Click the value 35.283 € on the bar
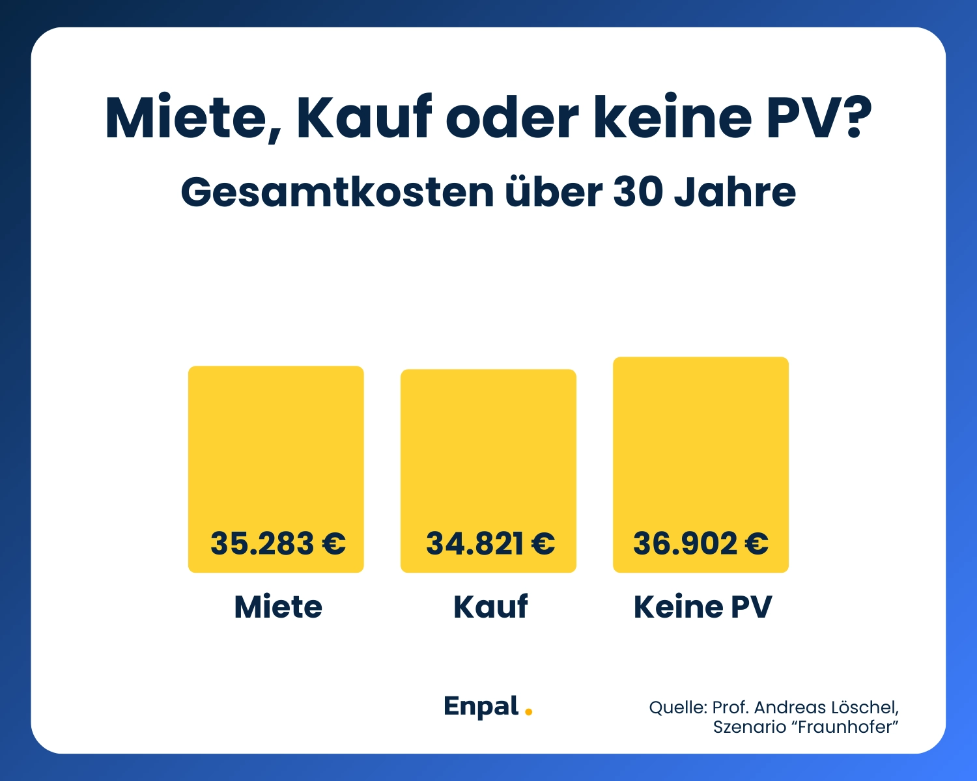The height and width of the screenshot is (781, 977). click(x=277, y=543)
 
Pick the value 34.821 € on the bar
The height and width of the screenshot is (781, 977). click(x=490, y=543)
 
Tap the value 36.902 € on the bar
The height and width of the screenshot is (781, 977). click(x=701, y=543)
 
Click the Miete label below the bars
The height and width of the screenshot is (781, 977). click(x=278, y=607)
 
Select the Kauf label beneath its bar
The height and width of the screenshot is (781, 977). click(x=490, y=607)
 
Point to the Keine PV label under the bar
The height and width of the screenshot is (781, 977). click(x=702, y=607)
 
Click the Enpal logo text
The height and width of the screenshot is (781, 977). click(x=481, y=707)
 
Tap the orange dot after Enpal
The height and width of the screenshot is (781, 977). click(x=528, y=712)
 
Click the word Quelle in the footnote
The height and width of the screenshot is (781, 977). click(x=677, y=707)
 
